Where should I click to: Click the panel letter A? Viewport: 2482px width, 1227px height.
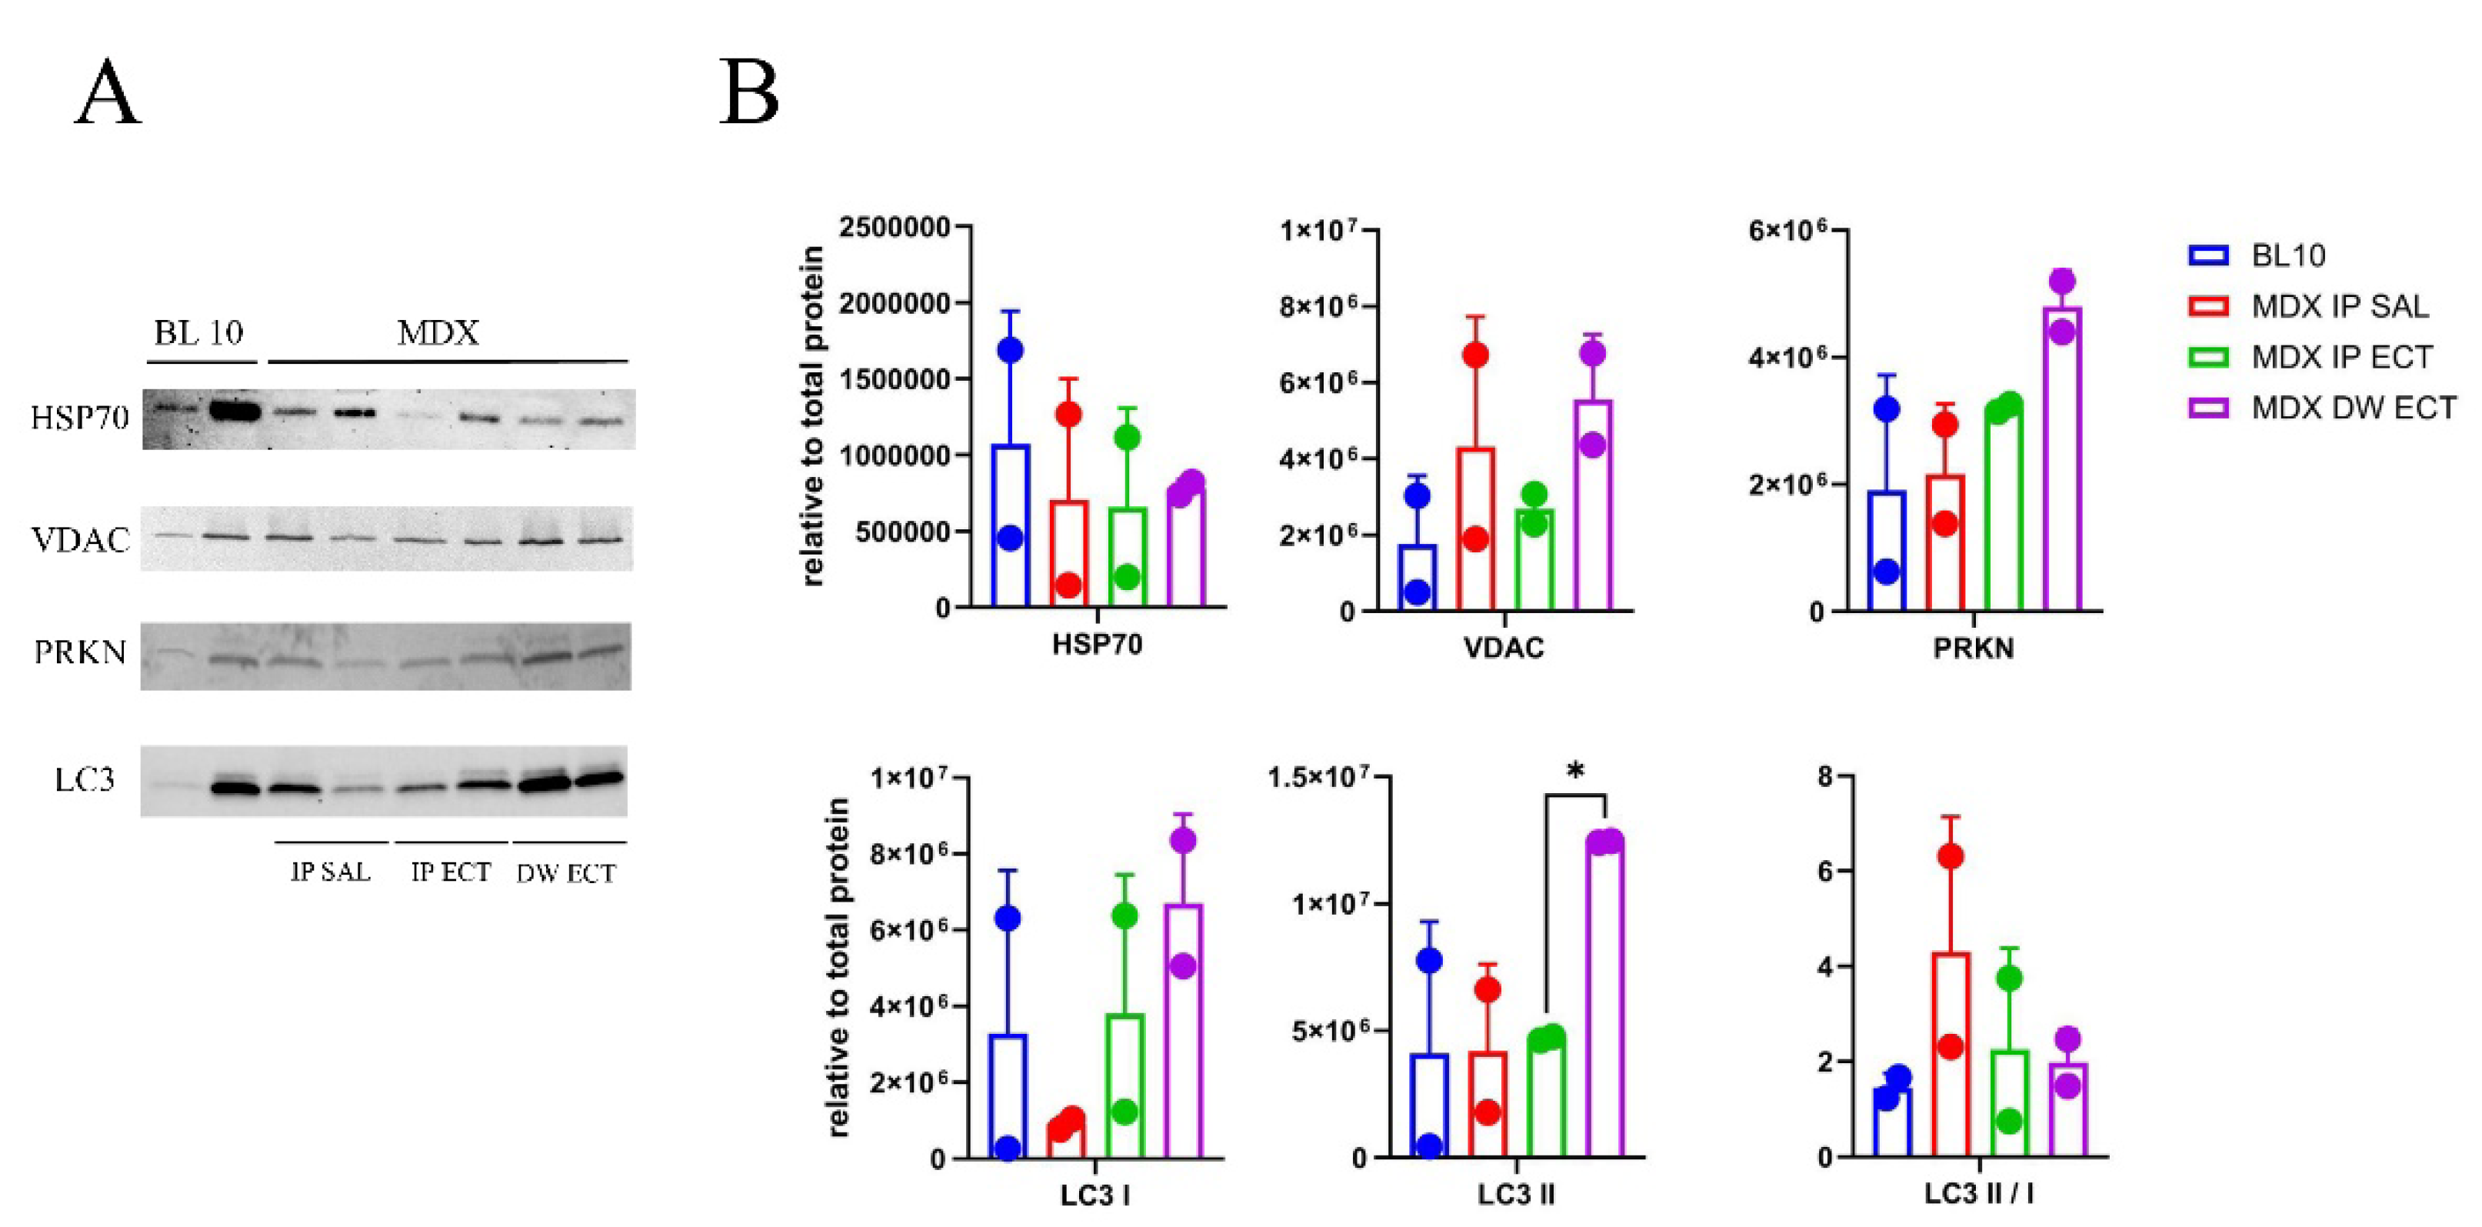pos(108,94)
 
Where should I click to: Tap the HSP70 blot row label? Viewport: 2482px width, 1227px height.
pos(80,418)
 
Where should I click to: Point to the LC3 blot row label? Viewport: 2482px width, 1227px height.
pos(85,779)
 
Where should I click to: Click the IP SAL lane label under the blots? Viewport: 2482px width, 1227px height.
pos(331,872)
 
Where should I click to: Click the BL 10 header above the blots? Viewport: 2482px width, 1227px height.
pos(198,334)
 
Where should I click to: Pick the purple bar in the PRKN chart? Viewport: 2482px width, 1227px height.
pos(2062,458)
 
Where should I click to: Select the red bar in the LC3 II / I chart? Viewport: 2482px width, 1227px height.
pos(1951,1055)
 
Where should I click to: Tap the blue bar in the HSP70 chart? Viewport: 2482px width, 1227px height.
pos(1011,525)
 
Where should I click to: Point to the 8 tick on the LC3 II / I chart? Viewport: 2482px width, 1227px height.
pos(1824,777)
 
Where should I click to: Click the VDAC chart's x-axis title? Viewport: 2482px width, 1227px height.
pos(1504,648)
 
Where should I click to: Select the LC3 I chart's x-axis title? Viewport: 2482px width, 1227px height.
pos(1095,1196)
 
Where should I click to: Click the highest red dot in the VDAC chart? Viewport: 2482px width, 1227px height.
pos(1475,355)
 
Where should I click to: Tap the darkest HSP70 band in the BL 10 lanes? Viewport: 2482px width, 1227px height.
pos(234,412)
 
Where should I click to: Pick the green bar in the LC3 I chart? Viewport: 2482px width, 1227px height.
pos(1125,1086)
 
